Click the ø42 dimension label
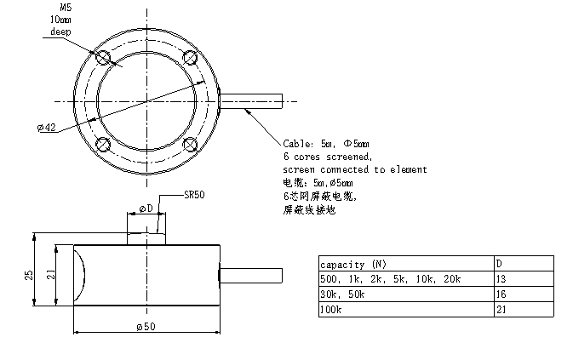pyautogui.click(x=47, y=128)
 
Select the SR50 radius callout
pyautogui.click(x=194, y=194)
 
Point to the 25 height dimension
pyautogui.click(x=27, y=274)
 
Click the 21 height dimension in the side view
pyautogui.click(x=49, y=274)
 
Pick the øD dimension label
pyautogui.click(x=146, y=208)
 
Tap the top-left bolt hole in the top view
pyautogui.click(x=104, y=58)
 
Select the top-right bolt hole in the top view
pyautogui.click(x=190, y=58)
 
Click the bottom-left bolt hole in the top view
pyautogui.click(x=104, y=144)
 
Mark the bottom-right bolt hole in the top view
pyautogui.click(x=190, y=144)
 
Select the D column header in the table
pyautogui.click(x=499, y=264)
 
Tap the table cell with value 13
pyautogui.click(x=501, y=279)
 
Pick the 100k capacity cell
pyautogui.click(x=330, y=310)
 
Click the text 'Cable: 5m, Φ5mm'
pyautogui.click(x=326, y=146)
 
